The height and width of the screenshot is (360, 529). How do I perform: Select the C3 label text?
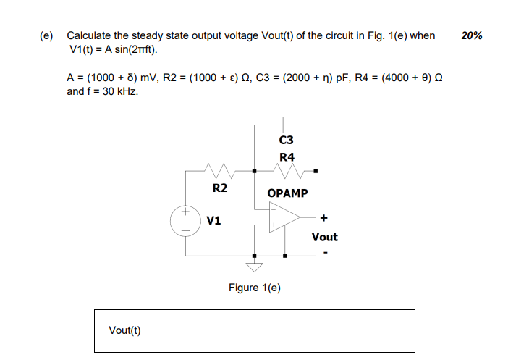286,140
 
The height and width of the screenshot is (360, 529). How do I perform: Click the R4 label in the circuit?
286,156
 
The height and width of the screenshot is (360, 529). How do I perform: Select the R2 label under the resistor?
220,188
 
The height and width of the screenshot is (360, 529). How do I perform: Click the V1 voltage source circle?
185,221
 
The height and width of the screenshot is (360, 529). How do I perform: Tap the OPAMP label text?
287,193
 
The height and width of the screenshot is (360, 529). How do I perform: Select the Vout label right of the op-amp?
324,237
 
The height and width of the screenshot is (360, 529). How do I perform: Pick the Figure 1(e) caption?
255,288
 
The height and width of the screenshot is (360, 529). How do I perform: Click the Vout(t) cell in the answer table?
124,331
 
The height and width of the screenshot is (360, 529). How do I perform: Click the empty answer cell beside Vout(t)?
285,331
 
